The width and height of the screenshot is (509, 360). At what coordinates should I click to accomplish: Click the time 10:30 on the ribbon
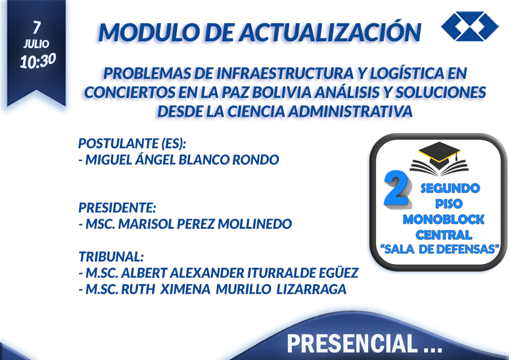coord(38,61)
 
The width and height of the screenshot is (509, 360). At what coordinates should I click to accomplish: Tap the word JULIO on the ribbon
coord(36,44)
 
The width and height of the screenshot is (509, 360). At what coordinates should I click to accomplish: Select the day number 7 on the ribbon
coord(37,27)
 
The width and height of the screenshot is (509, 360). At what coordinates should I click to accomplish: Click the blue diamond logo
coord(470,26)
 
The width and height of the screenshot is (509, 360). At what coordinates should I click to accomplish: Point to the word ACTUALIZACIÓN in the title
coord(330,32)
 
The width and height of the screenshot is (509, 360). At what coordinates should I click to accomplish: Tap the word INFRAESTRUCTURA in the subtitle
coord(284,74)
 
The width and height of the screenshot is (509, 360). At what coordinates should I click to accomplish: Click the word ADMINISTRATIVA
coord(350,112)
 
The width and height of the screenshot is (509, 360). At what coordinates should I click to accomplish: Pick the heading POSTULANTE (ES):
coord(132,143)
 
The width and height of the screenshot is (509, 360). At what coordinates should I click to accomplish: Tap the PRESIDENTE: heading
coord(117,208)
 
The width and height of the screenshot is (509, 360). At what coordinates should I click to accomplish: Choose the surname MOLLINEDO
coord(255,224)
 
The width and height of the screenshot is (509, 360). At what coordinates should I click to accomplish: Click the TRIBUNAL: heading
coord(111,256)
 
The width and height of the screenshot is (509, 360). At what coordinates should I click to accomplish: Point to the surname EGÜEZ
coord(339,273)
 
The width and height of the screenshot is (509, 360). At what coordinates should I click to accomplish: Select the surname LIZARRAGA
coord(311,289)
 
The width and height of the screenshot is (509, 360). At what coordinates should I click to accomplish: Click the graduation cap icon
coord(439,158)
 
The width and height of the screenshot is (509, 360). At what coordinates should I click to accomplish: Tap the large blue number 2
coord(398,188)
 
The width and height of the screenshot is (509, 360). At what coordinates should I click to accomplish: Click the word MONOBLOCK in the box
coord(443,219)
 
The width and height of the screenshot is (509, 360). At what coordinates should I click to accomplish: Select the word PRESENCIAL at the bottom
coord(352,343)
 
